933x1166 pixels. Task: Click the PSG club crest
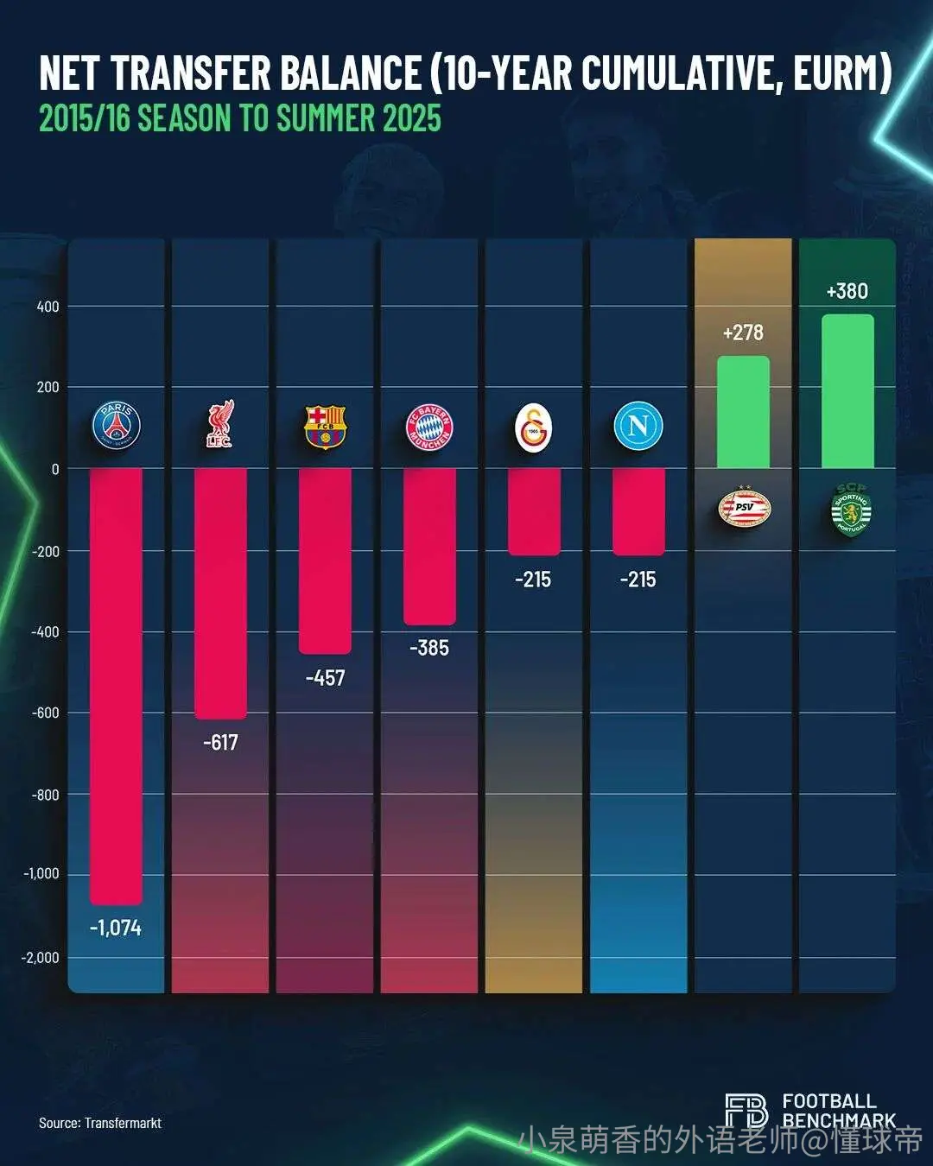[116, 425]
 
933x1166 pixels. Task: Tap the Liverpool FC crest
[220, 424]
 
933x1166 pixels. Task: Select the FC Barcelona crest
[325, 427]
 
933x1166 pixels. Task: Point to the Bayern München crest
[429, 427]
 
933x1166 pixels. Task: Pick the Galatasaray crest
[534, 428]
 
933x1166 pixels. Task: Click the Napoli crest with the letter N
[638, 425]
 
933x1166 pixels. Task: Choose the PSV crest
[745, 508]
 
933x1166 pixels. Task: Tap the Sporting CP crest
[851, 510]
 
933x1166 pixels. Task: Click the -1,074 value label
[116, 928]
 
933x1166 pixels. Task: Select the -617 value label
[220, 742]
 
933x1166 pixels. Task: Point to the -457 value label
[326, 678]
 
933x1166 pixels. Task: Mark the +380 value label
[847, 291]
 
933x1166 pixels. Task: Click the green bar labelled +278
[743, 412]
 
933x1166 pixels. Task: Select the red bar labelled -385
[429, 547]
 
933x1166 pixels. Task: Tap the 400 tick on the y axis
[48, 307]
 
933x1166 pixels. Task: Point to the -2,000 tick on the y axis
[40, 957]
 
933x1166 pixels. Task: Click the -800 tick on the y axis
[46, 795]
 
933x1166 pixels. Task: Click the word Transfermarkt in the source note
[123, 1123]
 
